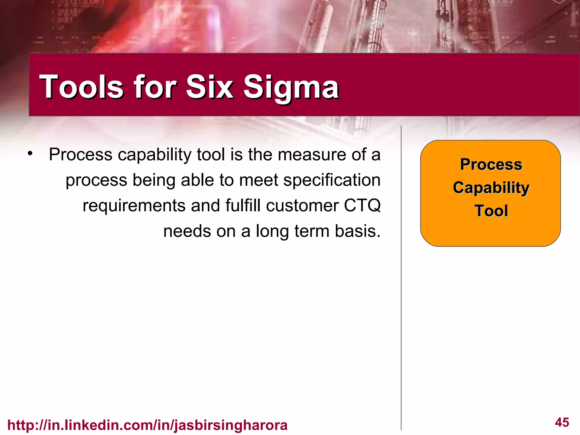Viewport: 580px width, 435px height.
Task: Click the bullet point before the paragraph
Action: pyautogui.click(x=30, y=154)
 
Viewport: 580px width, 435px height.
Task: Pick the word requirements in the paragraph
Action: pyautogui.click(x=134, y=206)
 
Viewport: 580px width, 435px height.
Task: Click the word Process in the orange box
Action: pyautogui.click(x=491, y=164)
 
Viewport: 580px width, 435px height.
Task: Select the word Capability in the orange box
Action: pyautogui.click(x=491, y=188)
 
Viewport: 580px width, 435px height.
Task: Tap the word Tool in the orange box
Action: pyautogui.click(x=491, y=211)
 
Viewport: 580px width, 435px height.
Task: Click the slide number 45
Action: pyautogui.click(x=562, y=422)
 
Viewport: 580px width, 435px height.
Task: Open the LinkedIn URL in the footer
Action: pyautogui.click(x=147, y=425)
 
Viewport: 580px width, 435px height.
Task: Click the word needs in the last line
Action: pyautogui.click(x=187, y=231)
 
